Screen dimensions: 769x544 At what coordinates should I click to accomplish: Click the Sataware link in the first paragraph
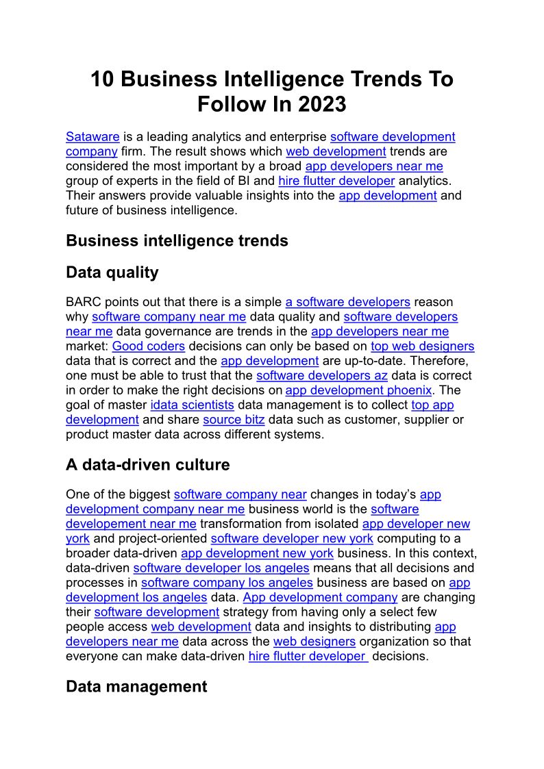[92, 137]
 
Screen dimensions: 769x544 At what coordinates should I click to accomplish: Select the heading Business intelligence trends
[177, 240]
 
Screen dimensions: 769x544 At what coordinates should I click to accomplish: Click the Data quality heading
[112, 273]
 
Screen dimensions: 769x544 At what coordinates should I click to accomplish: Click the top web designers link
[422, 346]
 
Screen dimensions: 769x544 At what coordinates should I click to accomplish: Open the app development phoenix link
[358, 390]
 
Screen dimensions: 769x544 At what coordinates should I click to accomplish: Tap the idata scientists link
[192, 405]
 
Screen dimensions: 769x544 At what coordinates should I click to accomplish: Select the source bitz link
[234, 420]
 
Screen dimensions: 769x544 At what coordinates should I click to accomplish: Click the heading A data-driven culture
[147, 465]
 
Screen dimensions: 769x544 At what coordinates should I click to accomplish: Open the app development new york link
[257, 553]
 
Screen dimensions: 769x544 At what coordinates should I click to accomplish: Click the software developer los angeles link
[221, 568]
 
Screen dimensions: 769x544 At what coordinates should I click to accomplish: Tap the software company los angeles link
[227, 583]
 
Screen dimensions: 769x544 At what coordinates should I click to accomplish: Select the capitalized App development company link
[320, 598]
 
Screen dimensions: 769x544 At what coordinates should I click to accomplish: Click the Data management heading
[136, 687]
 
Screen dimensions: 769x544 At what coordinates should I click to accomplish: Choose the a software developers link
[347, 302]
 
